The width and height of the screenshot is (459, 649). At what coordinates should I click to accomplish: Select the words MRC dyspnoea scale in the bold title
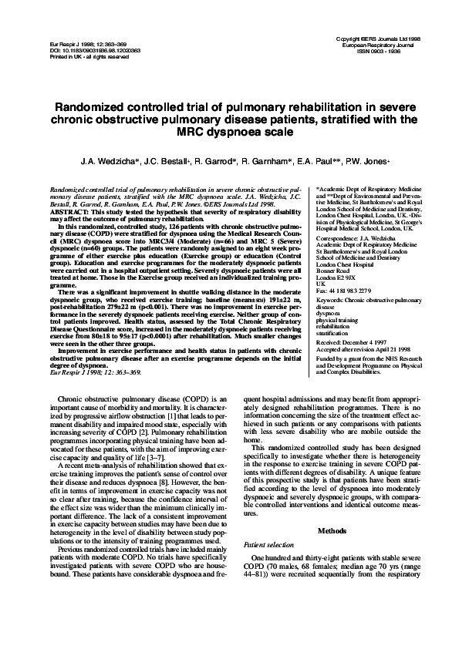[x=231, y=131]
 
